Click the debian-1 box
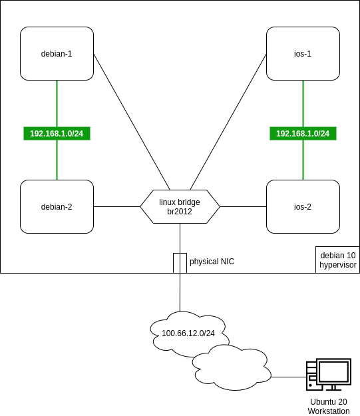point(57,53)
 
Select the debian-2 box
point(57,207)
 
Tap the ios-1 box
point(303,53)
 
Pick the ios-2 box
point(303,207)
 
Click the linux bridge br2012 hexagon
point(180,207)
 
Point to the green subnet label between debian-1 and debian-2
point(57,133)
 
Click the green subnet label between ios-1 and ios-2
point(303,133)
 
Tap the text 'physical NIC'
point(212,262)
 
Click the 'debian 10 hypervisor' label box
point(338,260)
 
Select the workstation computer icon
point(329,374)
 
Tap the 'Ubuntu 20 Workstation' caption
point(329,406)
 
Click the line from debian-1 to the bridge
point(132,122)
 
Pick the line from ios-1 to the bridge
point(228,122)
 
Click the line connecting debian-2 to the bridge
point(116,207)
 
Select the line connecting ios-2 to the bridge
point(243,207)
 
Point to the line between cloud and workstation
point(289,377)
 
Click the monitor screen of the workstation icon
point(334,371)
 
